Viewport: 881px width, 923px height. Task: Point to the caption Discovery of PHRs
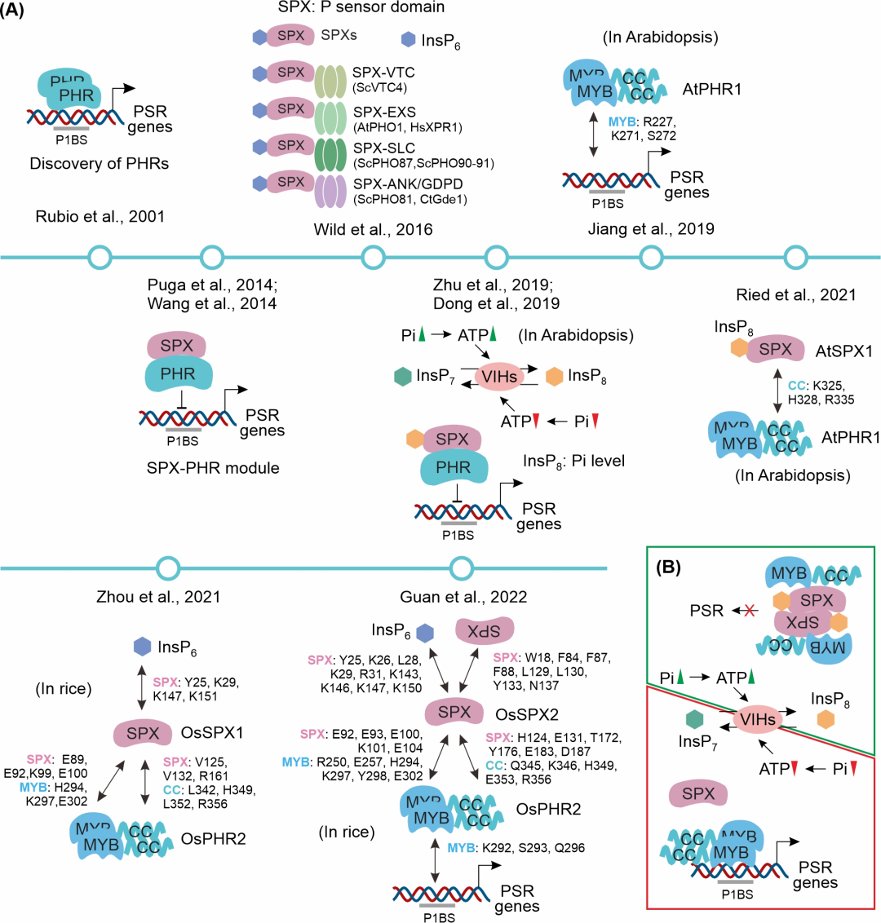pyautogui.click(x=100, y=163)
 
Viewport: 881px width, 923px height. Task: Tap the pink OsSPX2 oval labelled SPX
pyautogui.click(x=454, y=712)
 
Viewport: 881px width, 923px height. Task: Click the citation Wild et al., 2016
pyautogui.click(x=373, y=230)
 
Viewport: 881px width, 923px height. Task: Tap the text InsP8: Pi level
pyautogui.click(x=574, y=461)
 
